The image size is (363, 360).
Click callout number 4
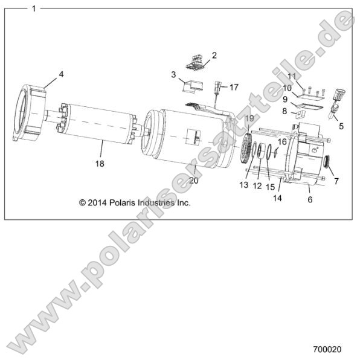point(60,75)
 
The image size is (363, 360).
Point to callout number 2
point(214,56)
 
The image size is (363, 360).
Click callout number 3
point(173,76)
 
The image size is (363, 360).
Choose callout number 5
point(341,126)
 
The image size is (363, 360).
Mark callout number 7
point(336,181)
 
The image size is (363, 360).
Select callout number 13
point(244,184)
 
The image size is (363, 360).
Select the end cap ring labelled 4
point(30,114)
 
